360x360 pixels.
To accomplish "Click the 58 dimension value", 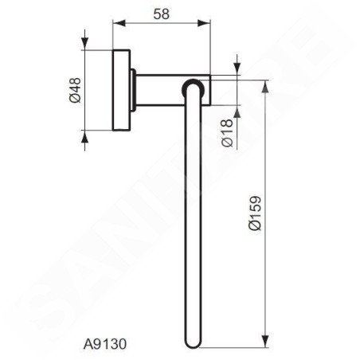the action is coord(161,14).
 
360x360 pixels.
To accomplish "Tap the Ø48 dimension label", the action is coord(75,90).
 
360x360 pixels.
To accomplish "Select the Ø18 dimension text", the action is coord(227,133).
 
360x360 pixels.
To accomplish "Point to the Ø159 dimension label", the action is coord(256,213).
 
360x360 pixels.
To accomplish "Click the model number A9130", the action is coord(105,344).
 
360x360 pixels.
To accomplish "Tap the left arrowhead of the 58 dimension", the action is coord(119,23).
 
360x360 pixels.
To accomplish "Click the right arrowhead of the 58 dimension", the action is coord(204,23).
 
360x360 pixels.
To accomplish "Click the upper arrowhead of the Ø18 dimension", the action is coord(237,68).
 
